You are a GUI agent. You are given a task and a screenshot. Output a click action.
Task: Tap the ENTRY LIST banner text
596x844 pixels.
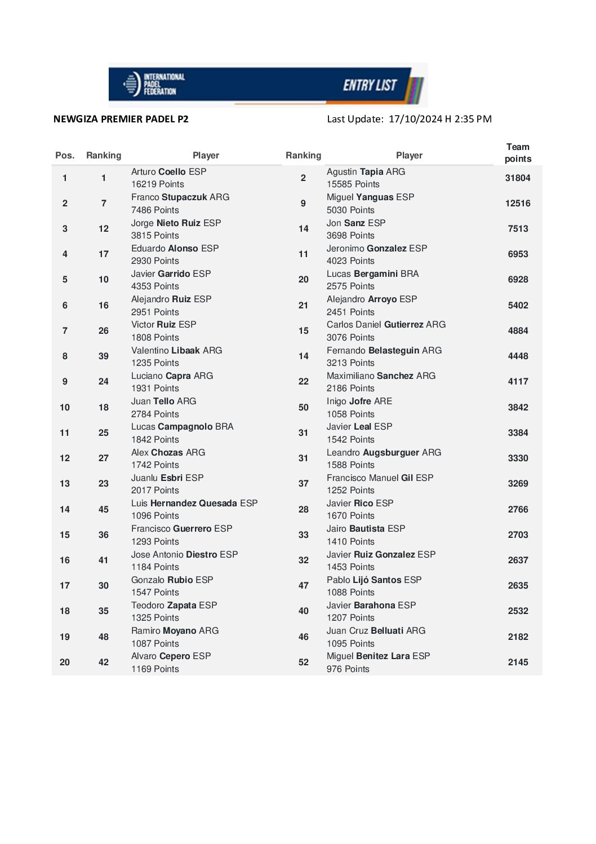370,85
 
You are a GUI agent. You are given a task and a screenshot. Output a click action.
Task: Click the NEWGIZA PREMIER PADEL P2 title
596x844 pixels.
121,119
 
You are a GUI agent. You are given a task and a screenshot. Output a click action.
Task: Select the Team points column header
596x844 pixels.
518,153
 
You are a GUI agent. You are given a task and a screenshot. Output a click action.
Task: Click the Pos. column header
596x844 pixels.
65,156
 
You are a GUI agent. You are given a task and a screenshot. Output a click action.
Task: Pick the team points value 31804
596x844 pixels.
518,178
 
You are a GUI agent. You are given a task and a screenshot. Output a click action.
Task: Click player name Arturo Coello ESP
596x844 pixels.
168,172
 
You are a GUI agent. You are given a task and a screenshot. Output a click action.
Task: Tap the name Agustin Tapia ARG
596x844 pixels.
366,172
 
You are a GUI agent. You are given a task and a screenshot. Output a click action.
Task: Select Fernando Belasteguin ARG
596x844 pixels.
384,351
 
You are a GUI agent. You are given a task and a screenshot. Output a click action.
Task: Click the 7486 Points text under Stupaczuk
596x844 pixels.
155,210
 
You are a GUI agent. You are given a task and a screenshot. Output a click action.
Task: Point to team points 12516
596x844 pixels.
518,204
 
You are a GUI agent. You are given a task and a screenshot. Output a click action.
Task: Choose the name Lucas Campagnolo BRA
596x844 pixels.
182,427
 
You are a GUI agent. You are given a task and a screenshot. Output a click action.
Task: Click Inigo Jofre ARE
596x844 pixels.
359,401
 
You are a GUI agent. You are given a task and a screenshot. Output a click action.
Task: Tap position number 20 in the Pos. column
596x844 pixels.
65,662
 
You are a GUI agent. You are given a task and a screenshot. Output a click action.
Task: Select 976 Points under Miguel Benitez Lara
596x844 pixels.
348,669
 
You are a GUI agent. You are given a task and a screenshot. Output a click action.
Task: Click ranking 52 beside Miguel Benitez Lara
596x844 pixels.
304,662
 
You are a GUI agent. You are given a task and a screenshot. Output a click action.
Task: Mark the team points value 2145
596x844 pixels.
518,662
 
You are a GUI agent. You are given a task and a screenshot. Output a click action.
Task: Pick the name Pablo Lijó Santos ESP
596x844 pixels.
374,580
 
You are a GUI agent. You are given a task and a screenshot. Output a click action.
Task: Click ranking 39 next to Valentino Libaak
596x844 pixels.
104,356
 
